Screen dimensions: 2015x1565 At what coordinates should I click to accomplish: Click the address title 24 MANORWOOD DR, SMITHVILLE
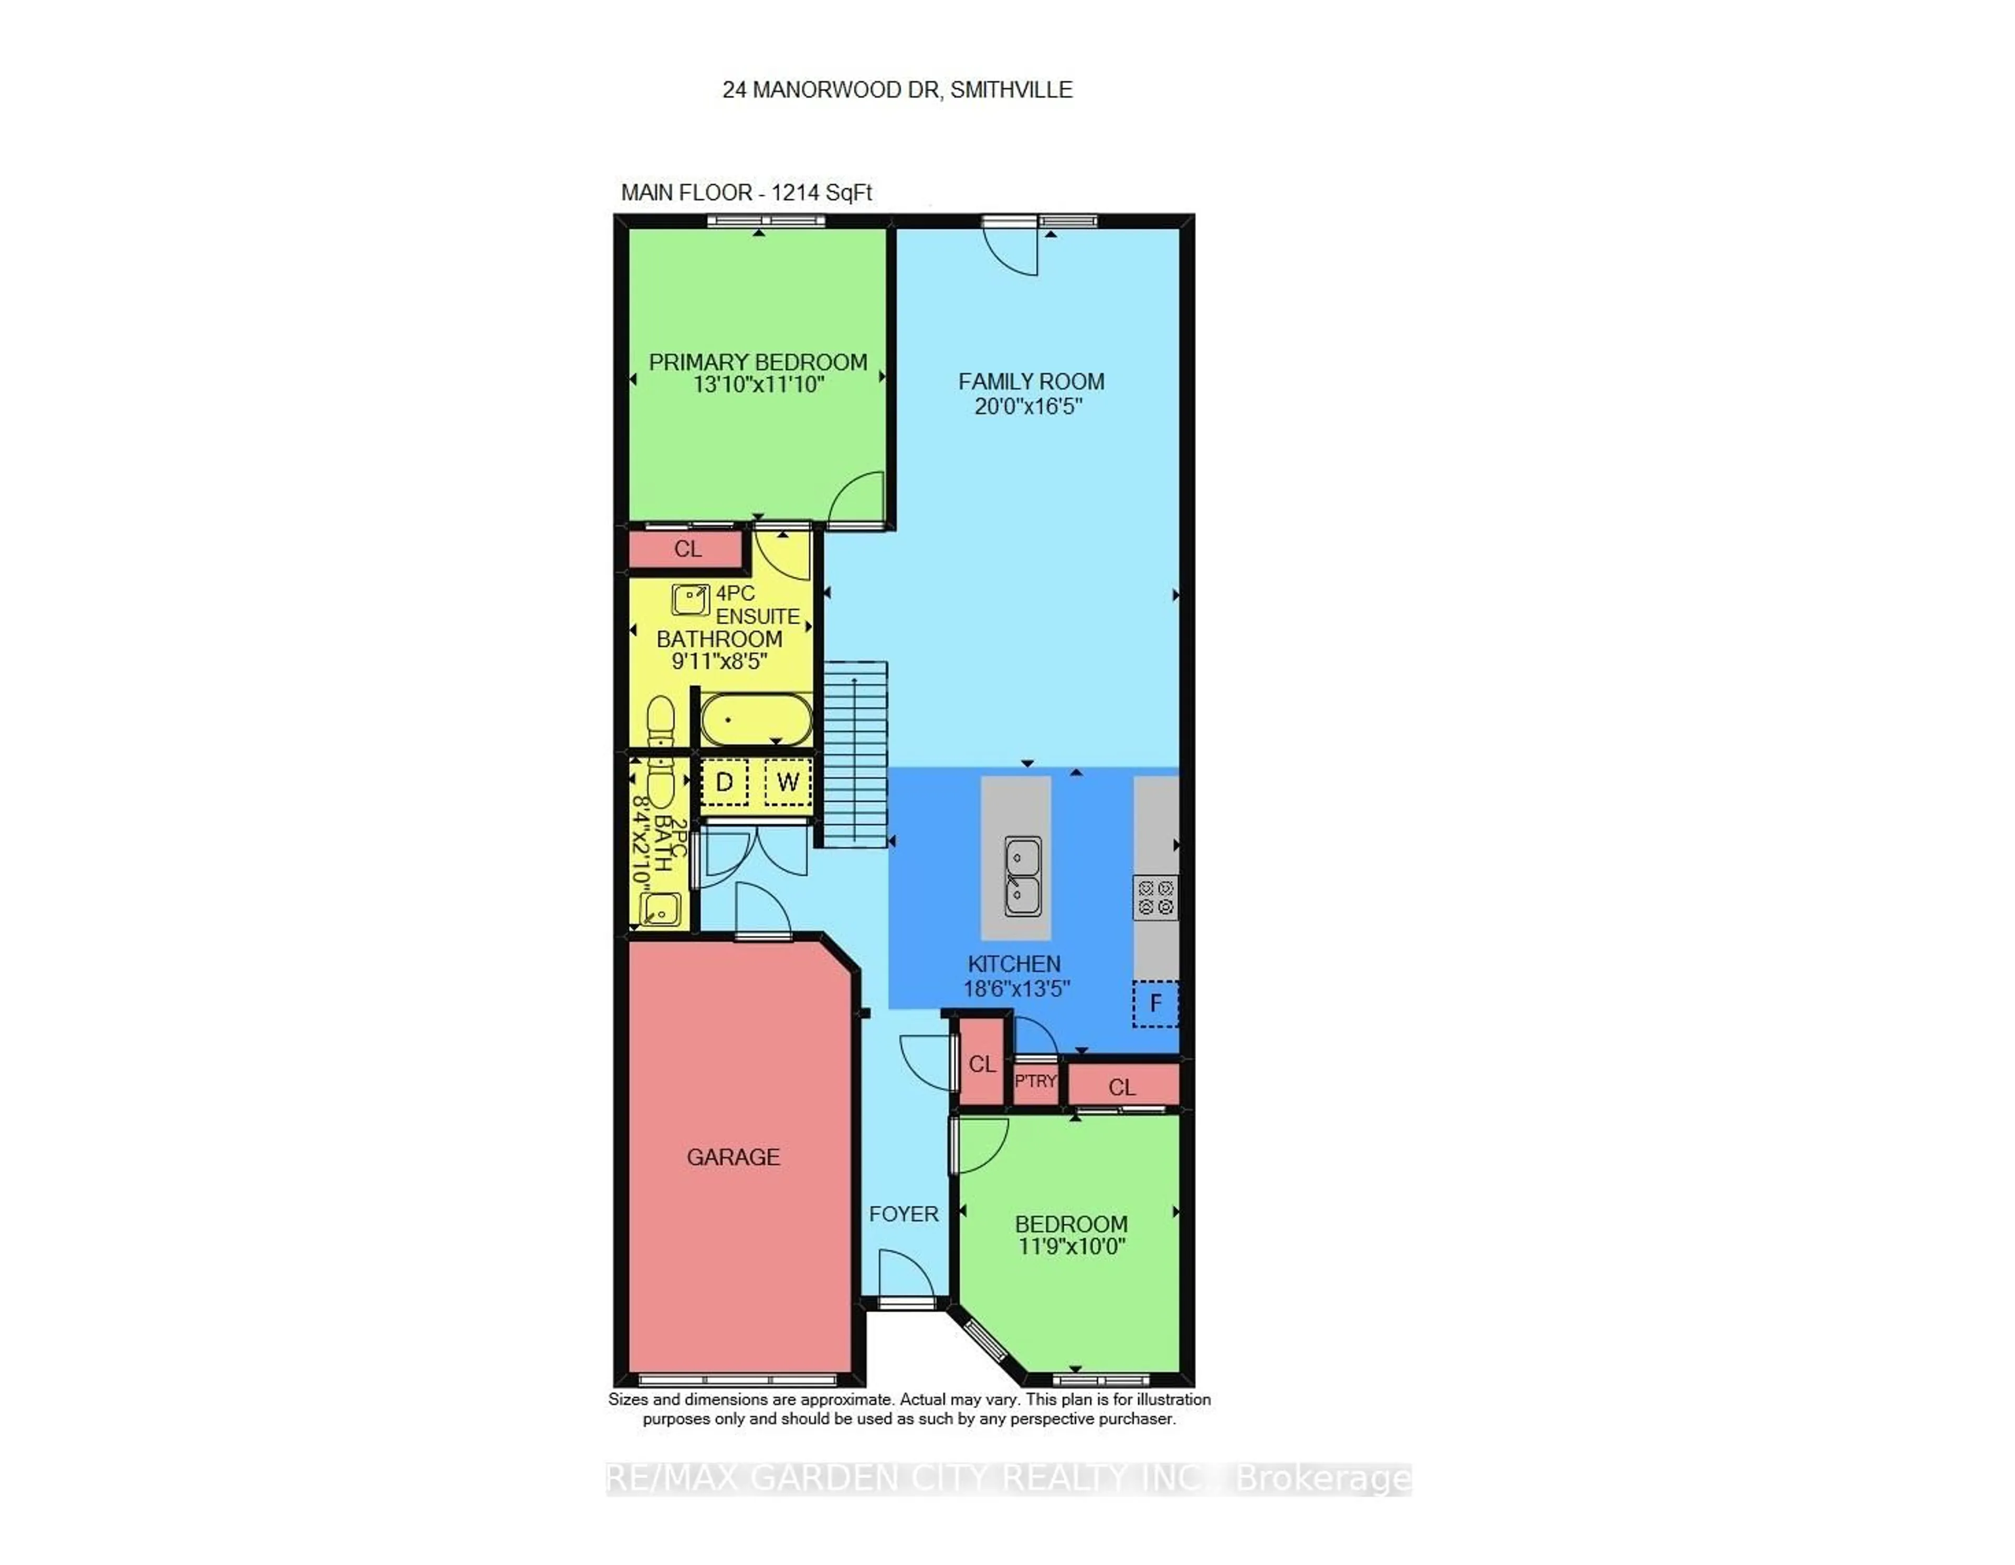point(897,90)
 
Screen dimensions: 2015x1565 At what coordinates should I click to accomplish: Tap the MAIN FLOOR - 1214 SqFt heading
point(746,193)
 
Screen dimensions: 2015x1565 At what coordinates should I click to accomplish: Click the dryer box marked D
point(724,783)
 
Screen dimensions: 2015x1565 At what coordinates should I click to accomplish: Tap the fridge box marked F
point(1155,1003)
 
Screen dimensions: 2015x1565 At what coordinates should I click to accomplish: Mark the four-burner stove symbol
point(1155,897)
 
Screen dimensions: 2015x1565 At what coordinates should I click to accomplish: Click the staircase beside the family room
point(855,754)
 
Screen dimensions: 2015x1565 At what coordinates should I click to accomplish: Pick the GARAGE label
point(734,1156)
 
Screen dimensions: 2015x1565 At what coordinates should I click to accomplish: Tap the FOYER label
point(903,1213)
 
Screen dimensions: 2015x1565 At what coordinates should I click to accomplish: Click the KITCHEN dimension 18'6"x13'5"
point(1016,988)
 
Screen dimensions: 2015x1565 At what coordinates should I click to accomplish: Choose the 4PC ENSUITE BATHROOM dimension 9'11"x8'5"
point(719,661)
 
